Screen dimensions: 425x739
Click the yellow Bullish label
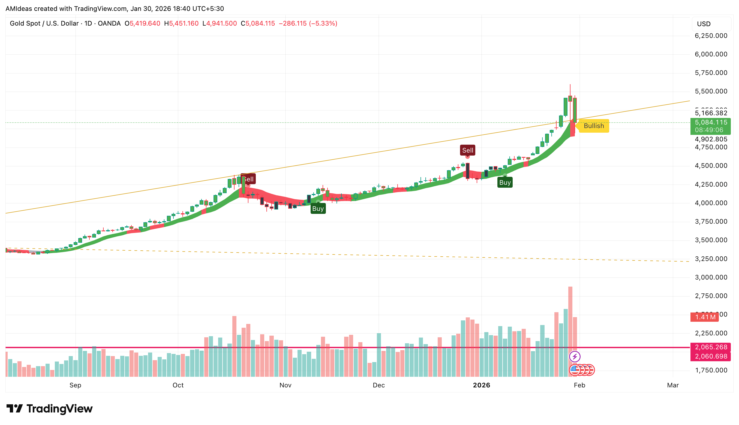click(x=594, y=126)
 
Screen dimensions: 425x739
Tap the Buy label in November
click(x=318, y=208)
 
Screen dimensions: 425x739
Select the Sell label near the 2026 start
click(x=467, y=150)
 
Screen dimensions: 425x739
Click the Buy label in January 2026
click(x=505, y=183)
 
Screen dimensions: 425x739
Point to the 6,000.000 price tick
click(x=711, y=54)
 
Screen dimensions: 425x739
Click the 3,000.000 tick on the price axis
click(x=711, y=277)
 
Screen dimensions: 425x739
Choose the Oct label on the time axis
click(x=178, y=385)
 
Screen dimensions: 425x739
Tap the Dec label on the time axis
click(x=378, y=385)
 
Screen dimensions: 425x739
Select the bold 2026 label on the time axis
click(x=481, y=385)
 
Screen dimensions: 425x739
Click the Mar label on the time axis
click(x=673, y=385)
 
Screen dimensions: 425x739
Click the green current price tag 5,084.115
click(x=710, y=123)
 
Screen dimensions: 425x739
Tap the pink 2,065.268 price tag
click(x=710, y=347)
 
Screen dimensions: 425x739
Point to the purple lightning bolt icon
click(x=575, y=356)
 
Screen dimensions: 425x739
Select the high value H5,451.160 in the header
click(x=181, y=23)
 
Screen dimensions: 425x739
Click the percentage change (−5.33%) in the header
click(x=323, y=23)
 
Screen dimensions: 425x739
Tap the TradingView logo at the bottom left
click(x=49, y=408)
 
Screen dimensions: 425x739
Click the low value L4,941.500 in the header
click(x=220, y=23)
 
